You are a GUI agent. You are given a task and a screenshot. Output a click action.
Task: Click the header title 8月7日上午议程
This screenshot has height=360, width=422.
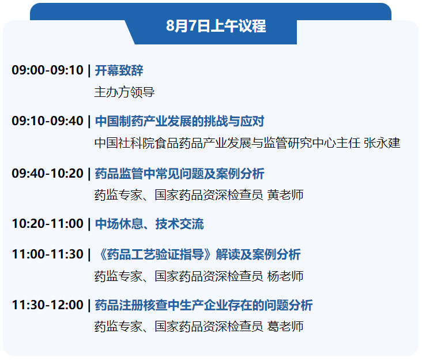click(216, 26)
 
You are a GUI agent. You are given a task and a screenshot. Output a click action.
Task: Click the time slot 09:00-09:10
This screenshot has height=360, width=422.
click(47, 71)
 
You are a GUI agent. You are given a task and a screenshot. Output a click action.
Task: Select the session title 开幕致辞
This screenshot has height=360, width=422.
click(119, 71)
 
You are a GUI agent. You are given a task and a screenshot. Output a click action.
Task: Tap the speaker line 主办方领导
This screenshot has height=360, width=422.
click(124, 92)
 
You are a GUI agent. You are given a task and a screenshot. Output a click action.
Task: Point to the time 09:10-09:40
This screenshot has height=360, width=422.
click(47, 121)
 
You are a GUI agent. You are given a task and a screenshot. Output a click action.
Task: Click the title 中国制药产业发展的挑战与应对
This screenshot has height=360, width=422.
click(179, 121)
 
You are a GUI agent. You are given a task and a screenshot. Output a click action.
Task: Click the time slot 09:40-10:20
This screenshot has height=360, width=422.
click(47, 173)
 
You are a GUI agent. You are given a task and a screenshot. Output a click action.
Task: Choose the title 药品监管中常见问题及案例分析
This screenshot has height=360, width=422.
click(179, 173)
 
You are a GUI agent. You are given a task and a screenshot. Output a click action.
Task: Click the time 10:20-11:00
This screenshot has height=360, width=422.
click(47, 224)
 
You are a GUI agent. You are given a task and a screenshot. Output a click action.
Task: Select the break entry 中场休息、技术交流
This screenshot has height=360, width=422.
click(149, 224)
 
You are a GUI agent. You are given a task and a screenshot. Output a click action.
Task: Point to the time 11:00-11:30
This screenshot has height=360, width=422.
click(47, 254)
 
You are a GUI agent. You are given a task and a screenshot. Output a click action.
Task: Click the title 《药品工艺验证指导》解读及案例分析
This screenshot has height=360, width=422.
click(197, 254)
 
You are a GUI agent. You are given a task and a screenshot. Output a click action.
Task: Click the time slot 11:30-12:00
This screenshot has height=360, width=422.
click(47, 305)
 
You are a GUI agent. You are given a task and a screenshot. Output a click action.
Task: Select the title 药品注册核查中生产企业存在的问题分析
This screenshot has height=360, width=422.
click(204, 305)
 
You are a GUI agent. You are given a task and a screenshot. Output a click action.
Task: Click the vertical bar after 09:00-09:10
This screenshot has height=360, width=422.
click(89, 71)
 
